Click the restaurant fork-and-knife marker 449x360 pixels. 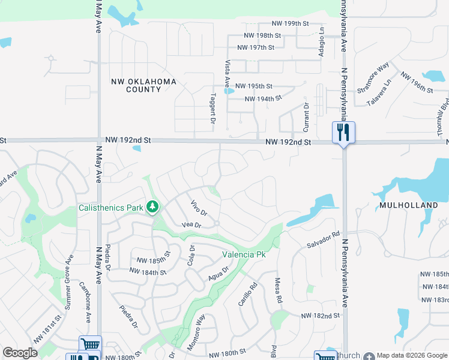343,133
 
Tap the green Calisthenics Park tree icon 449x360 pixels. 153,208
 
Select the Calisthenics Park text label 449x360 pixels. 111,208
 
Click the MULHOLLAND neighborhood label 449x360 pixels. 408,205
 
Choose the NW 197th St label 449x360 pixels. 256,47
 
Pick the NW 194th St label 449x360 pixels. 263,98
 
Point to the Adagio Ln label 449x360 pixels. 322,43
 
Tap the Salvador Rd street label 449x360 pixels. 324,241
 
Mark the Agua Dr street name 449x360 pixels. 219,274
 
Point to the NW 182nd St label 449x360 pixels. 321,316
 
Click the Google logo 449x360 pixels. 20,353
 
